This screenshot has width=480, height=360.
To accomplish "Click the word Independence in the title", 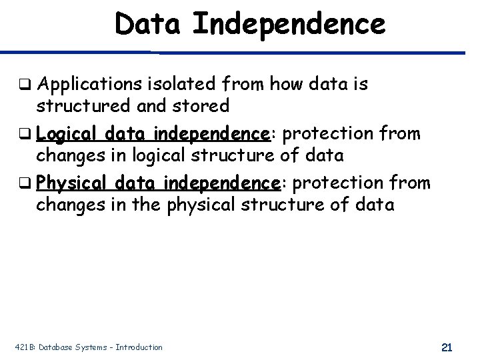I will click(289, 24).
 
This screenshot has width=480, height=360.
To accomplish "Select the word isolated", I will click(180, 84).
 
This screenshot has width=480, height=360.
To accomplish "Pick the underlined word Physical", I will click(73, 182).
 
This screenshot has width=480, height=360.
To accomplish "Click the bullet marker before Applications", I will click(26, 85).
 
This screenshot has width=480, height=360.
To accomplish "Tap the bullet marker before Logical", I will click(26, 134).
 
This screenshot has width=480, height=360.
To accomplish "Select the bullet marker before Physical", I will click(26, 183).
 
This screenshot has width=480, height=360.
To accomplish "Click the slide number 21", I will click(447, 347).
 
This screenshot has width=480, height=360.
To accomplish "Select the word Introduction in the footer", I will click(139, 347).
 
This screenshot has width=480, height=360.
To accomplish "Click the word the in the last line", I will click(143, 203).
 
